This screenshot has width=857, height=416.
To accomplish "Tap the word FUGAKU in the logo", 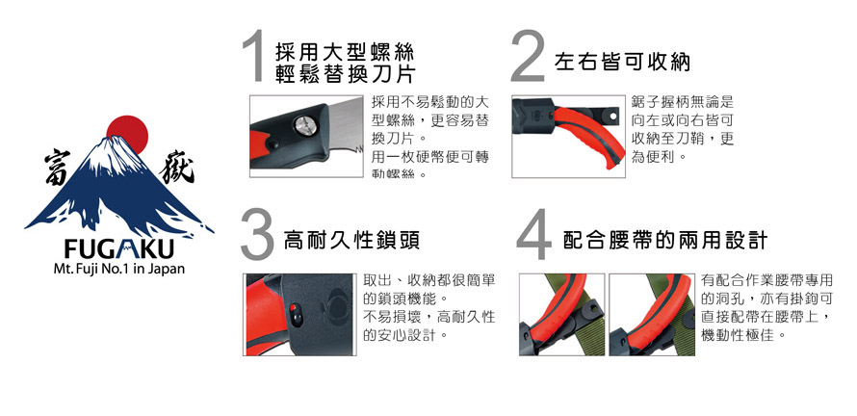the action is [x=118, y=250].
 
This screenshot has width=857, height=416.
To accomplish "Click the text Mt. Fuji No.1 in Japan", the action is [x=119, y=270].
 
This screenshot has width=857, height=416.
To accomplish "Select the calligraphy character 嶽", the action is [x=176, y=169].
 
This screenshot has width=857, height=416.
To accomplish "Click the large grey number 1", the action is [x=255, y=56].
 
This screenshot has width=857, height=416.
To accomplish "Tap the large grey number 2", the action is [x=528, y=56].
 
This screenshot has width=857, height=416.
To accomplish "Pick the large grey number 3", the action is [x=257, y=236].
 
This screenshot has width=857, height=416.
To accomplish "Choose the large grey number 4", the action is [x=534, y=235].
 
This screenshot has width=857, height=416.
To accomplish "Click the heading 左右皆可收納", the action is [x=622, y=63].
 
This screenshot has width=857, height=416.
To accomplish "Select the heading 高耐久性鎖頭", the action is [x=351, y=240].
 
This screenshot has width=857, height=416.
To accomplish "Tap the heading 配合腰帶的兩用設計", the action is [x=665, y=240].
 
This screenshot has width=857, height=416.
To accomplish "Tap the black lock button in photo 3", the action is [x=296, y=316].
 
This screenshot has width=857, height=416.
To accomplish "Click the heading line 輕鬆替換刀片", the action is [x=346, y=73].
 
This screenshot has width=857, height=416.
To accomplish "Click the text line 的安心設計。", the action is [x=406, y=334].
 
